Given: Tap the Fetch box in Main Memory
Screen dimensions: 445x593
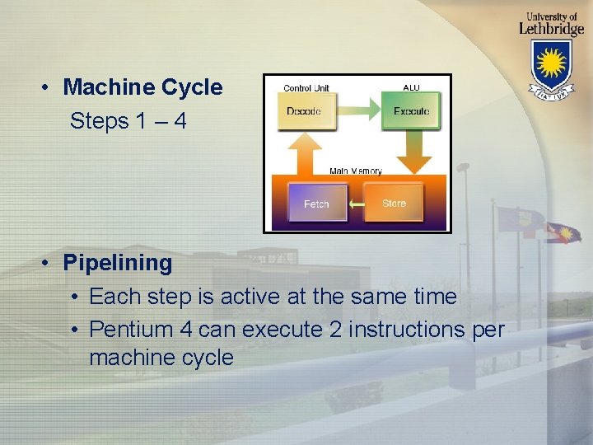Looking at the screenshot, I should tap(316, 203).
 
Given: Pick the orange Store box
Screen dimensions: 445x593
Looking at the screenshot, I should tap(395, 203).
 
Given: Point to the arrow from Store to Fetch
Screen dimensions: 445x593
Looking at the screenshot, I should tap(356, 204).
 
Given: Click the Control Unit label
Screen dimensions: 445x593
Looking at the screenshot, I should tap(306, 88).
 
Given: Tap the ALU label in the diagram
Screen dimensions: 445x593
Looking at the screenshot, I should tap(411, 87).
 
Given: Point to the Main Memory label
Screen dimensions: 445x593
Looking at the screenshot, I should tap(356, 171).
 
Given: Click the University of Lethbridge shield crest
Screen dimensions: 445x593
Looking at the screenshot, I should tap(551, 66).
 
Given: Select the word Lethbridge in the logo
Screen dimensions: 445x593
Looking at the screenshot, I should tap(551, 27).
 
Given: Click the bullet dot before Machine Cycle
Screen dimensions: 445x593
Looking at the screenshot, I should tap(50, 87).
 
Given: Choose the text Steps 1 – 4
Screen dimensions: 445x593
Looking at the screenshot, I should tap(128, 121).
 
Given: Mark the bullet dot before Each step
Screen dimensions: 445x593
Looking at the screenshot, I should tap(75, 296).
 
